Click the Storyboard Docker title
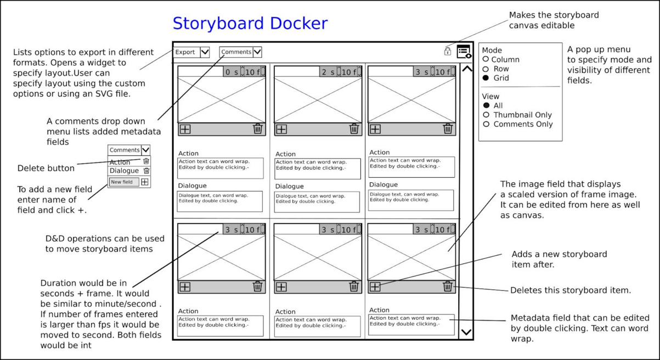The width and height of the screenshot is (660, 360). point(250,24)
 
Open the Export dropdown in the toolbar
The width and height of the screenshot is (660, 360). point(205,52)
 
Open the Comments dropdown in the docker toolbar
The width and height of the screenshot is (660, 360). point(257,52)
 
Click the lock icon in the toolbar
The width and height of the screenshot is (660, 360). point(448,51)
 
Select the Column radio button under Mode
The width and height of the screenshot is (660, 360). point(486,59)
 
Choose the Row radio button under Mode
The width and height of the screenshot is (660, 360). point(486,69)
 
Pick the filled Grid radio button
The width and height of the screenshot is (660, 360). point(486,78)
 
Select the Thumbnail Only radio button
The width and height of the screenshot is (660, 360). point(486,115)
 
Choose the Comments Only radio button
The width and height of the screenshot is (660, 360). point(486,124)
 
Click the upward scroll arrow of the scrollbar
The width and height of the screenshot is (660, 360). point(466,69)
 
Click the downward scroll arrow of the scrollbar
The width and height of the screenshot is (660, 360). point(466,331)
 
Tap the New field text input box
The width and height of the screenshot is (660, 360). point(123,182)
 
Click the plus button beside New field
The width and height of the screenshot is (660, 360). point(145,182)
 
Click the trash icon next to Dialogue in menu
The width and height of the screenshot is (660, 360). point(146,171)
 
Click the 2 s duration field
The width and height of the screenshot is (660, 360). point(328,72)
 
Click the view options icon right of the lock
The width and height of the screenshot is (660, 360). point(464,51)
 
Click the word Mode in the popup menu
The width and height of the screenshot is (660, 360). point(492,50)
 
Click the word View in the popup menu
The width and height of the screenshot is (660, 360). point(490,96)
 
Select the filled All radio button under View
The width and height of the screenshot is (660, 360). point(486,105)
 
